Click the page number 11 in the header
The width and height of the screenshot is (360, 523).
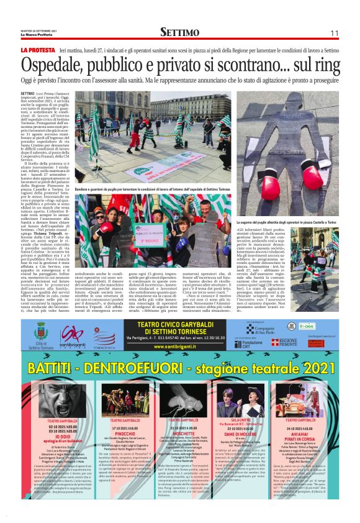point(334,32)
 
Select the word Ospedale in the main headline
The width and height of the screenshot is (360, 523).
point(58,65)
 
